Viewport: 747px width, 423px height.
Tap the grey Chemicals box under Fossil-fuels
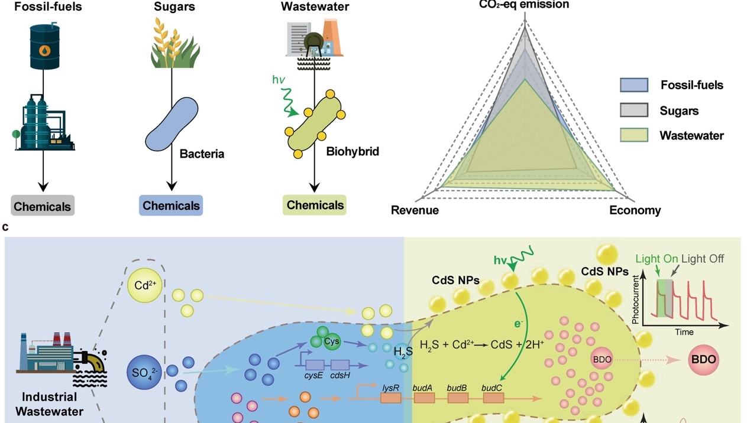coord(43,206)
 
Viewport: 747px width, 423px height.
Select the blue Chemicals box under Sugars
coord(171,206)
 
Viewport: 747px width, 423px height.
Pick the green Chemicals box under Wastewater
coord(315,205)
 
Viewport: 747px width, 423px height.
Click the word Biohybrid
coord(353,152)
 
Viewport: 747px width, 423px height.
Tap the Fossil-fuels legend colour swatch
coord(634,85)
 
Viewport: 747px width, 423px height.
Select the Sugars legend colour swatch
coord(634,110)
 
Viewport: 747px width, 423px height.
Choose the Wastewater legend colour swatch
coord(634,135)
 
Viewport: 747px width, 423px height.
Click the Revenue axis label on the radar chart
coord(415,210)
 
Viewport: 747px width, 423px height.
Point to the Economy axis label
coord(635,210)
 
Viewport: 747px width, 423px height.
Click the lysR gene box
coord(390,398)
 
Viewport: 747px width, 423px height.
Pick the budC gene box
coord(493,398)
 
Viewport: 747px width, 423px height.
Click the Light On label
coord(657,259)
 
